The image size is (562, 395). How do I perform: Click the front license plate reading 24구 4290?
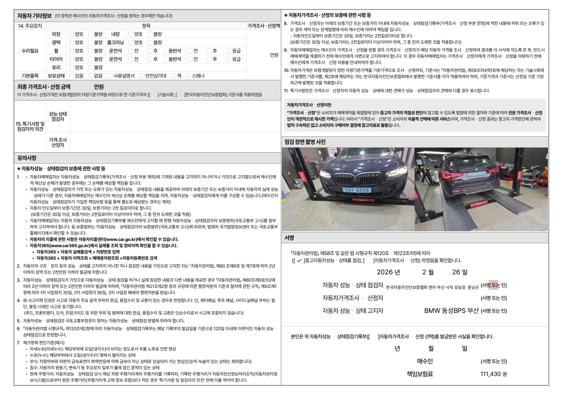[357, 190]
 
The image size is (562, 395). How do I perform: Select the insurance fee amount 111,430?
[491, 374]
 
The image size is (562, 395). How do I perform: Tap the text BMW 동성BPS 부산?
[451, 310]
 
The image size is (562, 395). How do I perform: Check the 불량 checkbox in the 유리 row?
[91, 67]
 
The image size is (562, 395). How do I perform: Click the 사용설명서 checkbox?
[110, 76]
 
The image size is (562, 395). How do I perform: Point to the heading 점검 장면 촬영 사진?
[305, 142]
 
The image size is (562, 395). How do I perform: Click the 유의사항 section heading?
[28, 158]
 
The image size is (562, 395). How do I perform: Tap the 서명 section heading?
[289, 237]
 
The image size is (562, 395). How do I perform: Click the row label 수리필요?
[30, 51]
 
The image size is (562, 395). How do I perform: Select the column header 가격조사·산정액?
[263, 26]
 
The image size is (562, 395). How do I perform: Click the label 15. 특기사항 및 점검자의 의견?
[30, 126]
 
